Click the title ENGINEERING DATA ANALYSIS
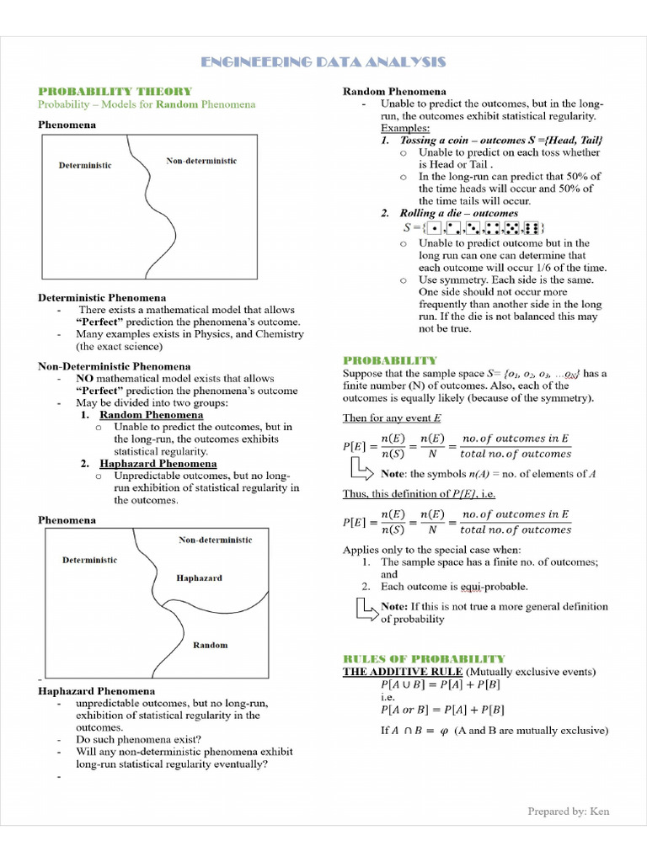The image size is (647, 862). pos(323,63)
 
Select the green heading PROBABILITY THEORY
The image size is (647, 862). pos(115,91)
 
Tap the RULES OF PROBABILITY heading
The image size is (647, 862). pos(424,658)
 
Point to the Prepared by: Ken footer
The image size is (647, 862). pos(568,811)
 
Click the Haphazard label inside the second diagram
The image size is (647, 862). pos(199,578)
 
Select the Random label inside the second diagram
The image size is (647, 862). pos(210,645)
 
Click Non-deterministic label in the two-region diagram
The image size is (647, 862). pos(201,161)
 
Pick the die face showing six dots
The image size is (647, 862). pos(532,228)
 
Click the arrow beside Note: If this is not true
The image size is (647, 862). pos(366,609)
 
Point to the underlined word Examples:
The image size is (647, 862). pos(404,128)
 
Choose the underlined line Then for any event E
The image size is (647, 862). pos(392,418)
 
